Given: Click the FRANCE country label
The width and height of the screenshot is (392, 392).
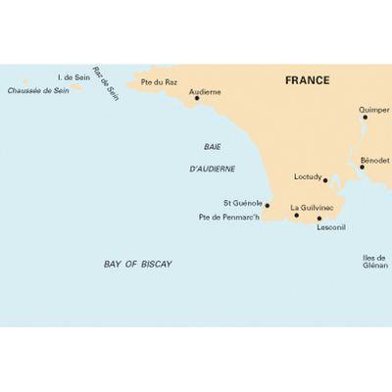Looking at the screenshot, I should coord(308,80).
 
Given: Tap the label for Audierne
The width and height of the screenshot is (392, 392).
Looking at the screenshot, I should coord(205,91).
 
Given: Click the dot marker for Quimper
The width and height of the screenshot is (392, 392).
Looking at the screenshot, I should coord(366,118).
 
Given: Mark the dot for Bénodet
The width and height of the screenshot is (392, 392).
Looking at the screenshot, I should coord(362,167).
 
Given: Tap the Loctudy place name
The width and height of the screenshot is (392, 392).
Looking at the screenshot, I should coord(310,177).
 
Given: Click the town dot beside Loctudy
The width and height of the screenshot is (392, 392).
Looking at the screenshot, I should coord(325,180).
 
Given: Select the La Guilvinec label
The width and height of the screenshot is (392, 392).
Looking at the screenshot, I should coord(312,207).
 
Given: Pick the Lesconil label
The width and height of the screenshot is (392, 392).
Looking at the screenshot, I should coord(331,227).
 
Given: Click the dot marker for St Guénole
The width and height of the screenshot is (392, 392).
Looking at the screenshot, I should coord(268,205).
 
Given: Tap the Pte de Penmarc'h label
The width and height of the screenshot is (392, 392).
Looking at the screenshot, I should coord(228,216).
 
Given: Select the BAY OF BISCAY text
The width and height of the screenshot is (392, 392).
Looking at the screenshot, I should coord(137,265).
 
